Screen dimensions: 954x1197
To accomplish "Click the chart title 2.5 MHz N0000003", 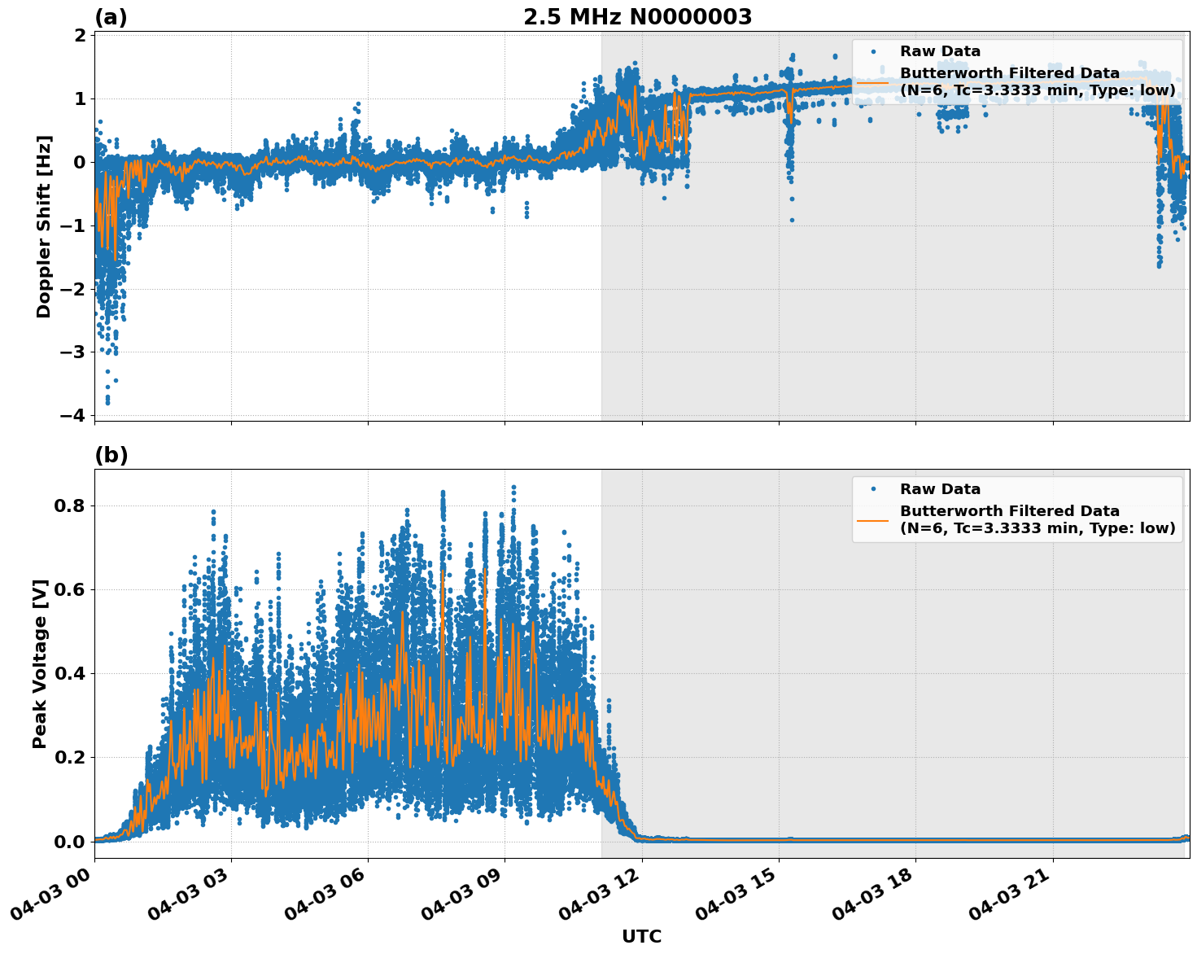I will [637, 17].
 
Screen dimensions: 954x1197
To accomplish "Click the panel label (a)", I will [111, 17].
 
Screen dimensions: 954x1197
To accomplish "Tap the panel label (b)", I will [111, 455].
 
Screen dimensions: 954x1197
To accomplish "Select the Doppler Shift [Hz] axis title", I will [44, 226].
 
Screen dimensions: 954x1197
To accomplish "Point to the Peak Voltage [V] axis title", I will [40, 663].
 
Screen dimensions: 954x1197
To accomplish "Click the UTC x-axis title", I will [641, 936].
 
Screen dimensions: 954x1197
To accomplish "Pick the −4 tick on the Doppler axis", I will [72, 415].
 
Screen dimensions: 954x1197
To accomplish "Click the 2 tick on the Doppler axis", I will [80, 36].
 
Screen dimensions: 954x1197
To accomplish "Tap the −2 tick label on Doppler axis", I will [72, 289].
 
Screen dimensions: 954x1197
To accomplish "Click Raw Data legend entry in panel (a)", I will [940, 51].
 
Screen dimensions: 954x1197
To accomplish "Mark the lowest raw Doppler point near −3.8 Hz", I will [107, 402].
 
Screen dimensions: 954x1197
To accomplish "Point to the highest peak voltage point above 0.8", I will [513, 487].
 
